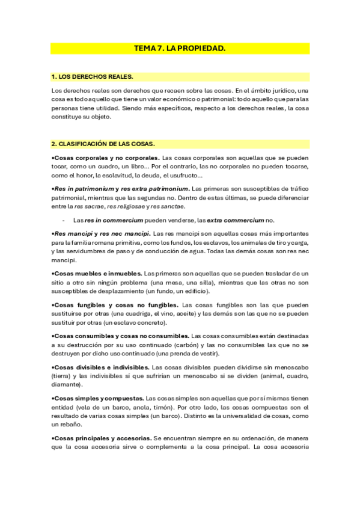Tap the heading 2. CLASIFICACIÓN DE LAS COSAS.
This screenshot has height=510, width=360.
(x=103, y=144)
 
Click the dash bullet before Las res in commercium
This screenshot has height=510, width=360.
(x=63, y=220)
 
